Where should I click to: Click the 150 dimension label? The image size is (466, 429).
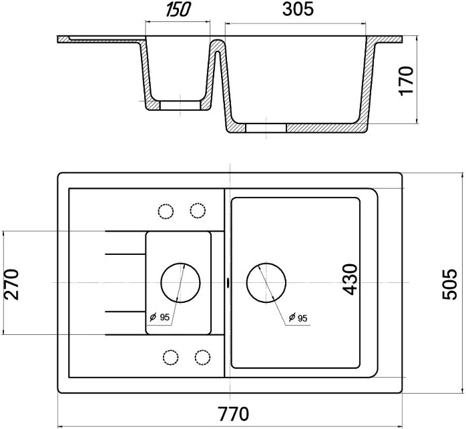(178, 10)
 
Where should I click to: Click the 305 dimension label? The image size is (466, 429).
(298, 9)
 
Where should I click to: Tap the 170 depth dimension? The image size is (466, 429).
(407, 81)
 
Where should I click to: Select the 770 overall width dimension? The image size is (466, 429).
(234, 414)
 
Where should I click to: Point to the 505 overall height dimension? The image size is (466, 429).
(449, 284)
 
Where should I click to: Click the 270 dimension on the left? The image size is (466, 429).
(11, 284)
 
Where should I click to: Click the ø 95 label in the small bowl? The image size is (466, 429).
(160, 318)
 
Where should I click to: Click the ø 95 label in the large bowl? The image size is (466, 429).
(298, 318)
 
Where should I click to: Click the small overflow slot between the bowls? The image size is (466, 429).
(228, 282)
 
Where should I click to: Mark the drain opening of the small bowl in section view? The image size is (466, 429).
(180, 105)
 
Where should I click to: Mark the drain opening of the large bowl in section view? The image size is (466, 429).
(266, 127)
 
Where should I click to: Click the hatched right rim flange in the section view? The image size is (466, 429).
(387, 40)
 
